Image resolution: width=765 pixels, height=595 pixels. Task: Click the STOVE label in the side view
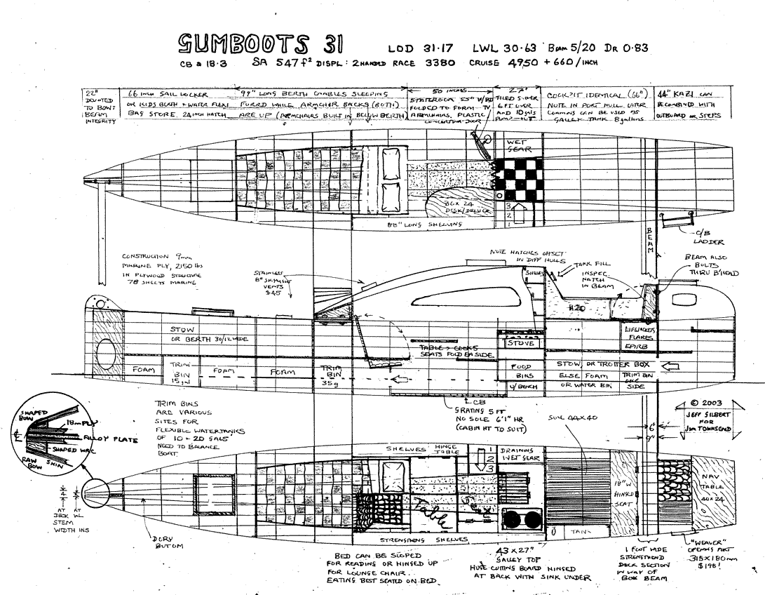(x=520, y=344)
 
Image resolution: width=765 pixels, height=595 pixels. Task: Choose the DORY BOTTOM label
(x=164, y=543)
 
